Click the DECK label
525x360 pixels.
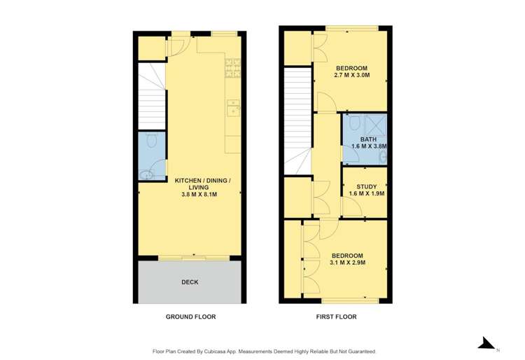[x=190, y=282]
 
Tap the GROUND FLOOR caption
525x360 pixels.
[x=190, y=317]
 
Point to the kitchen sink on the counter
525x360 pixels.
[x=233, y=107]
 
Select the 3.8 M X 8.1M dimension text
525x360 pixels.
[x=202, y=194]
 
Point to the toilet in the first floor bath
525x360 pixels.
[x=353, y=123]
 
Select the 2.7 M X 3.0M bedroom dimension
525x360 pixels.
[x=351, y=75]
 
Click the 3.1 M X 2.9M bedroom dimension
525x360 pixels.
[x=348, y=263]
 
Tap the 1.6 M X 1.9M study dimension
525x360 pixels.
[x=367, y=193]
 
